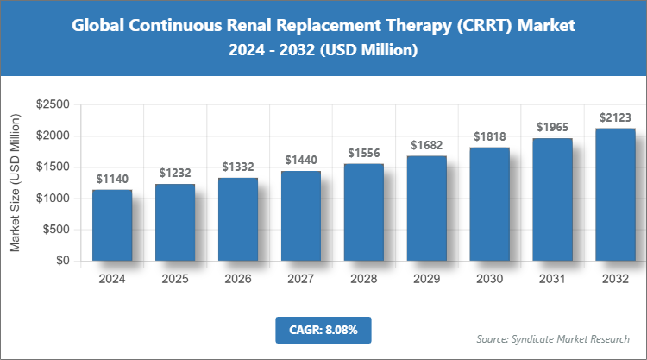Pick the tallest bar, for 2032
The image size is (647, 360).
click(616, 194)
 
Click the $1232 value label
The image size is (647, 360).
click(175, 173)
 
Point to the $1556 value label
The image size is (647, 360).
click(364, 153)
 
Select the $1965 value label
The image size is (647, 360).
click(553, 128)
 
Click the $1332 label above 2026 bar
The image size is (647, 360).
click(238, 167)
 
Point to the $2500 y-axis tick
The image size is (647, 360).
click(53, 104)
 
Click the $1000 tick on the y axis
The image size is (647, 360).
click(53, 199)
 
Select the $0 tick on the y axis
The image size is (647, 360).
click(62, 261)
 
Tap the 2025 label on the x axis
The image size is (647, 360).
click(175, 280)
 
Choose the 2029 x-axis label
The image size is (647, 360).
click(427, 280)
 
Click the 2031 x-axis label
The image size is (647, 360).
click(553, 280)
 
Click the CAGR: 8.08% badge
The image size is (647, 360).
click(323, 329)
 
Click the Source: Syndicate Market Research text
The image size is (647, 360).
click(553, 338)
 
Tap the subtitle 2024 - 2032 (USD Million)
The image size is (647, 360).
click(323, 52)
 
